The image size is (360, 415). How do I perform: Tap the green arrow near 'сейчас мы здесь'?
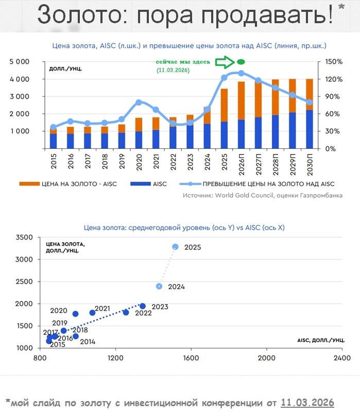point(224,62)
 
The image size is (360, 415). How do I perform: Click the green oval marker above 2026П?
point(241,62)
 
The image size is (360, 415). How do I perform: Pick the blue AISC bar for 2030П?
point(309,129)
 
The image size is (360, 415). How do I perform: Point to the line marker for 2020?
point(139,102)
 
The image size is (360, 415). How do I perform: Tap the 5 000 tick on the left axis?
point(19,62)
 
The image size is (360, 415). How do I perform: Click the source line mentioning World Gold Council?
point(262,196)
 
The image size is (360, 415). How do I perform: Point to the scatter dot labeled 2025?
point(175,247)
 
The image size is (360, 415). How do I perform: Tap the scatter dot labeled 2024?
point(159,286)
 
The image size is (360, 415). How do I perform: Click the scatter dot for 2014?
point(76,336)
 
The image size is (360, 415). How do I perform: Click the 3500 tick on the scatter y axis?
point(24,237)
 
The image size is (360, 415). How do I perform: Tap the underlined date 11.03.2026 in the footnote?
point(307,402)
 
